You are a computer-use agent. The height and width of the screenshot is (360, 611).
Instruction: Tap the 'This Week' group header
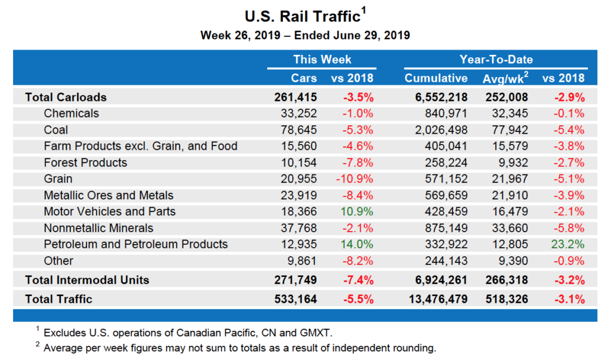tap(322, 59)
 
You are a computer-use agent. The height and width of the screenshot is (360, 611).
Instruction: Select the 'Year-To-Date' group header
tap(496, 59)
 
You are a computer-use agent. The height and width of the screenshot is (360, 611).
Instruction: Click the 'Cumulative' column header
tap(436, 78)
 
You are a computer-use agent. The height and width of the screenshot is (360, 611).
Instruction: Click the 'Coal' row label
tap(56, 130)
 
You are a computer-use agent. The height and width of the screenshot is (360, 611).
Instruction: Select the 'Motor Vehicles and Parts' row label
tap(110, 211)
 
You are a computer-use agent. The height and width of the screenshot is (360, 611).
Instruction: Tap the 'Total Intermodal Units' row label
tap(87, 280)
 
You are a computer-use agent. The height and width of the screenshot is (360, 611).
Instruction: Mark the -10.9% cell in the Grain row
tap(356, 179)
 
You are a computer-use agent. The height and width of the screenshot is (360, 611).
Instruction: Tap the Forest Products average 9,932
tap(515, 162)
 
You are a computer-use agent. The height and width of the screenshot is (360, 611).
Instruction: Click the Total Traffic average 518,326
tap(506, 299)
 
